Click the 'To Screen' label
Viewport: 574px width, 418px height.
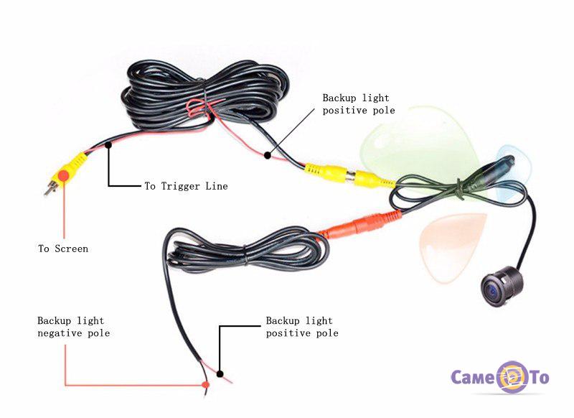(x=63, y=249)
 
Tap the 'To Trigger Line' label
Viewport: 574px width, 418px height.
(x=186, y=186)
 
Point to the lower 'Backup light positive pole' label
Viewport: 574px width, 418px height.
(x=302, y=327)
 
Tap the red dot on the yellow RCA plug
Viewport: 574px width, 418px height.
(x=64, y=175)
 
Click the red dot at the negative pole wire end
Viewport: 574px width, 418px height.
(x=206, y=385)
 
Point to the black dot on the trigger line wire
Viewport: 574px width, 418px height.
(x=109, y=146)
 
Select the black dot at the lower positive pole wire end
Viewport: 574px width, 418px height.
(x=220, y=374)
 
